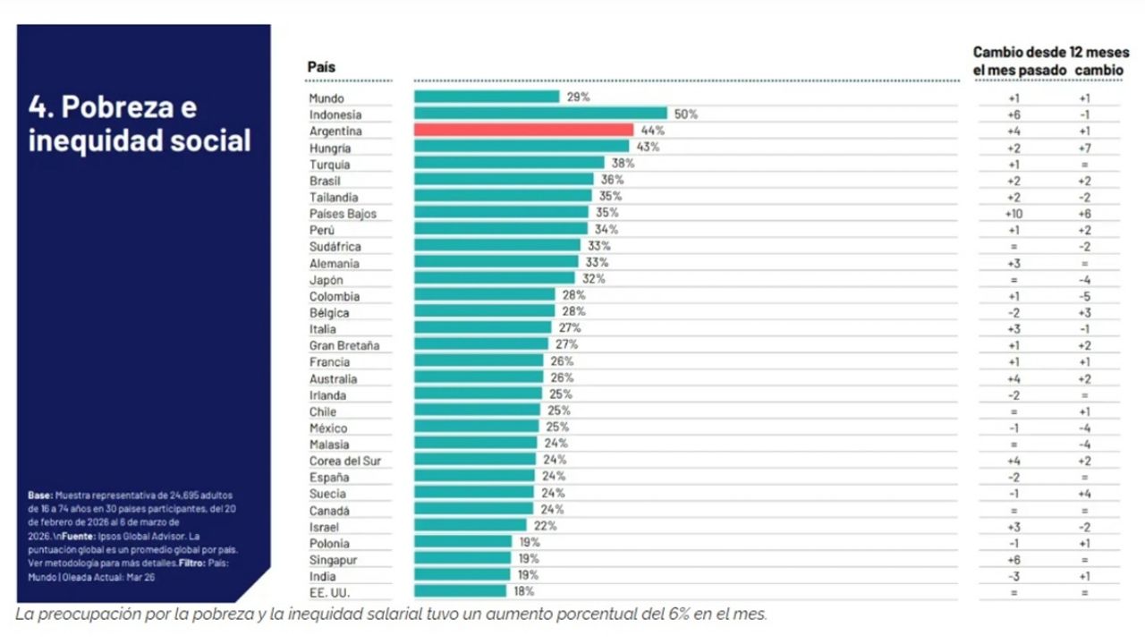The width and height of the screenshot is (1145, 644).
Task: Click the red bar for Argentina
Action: tap(523, 130)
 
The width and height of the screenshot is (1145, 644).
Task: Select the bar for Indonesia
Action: tap(540, 114)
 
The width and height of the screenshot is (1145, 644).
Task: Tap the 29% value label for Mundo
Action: tap(578, 97)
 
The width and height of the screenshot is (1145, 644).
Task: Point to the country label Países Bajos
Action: tap(343, 214)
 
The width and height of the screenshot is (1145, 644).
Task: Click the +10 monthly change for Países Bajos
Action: tap(1014, 214)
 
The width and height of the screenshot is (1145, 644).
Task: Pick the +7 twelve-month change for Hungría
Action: tap(1083, 148)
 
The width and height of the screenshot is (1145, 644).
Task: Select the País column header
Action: tap(321, 67)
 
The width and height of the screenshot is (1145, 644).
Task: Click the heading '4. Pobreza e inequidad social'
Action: tap(140, 123)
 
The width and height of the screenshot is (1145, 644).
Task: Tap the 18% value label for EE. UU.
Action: tap(524, 591)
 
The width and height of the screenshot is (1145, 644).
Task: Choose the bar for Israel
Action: tap(470, 526)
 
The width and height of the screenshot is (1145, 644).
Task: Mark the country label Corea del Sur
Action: tap(344, 461)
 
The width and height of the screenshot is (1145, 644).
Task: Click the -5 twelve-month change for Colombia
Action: tap(1083, 296)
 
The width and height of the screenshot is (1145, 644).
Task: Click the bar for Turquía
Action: tap(509, 163)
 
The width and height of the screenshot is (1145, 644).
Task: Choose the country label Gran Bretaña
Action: tap(344, 345)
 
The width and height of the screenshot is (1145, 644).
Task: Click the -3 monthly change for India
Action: tap(1014, 576)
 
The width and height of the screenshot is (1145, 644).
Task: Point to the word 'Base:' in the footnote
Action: tap(39, 496)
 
